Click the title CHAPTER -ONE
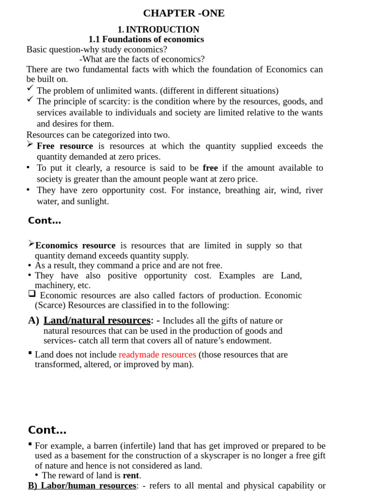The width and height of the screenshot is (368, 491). (x=184, y=13)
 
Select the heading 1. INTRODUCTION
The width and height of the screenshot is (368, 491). (x=158, y=30)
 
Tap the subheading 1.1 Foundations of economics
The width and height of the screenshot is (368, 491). (x=146, y=39)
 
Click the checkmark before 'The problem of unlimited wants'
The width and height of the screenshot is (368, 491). (x=30, y=88)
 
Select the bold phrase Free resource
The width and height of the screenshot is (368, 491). (x=65, y=146)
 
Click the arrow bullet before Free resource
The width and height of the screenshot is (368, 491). (x=30, y=144)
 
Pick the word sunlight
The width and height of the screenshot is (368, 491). (x=93, y=201)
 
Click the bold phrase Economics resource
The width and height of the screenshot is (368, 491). (x=75, y=245)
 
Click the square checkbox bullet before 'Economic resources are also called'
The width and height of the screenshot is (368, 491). (x=32, y=293)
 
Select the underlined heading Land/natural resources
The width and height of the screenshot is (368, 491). (x=97, y=320)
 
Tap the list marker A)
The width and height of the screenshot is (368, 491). (x=33, y=320)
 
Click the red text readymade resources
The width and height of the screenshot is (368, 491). (x=157, y=355)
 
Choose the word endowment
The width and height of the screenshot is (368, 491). (x=249, y=341)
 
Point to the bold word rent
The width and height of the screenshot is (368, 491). (x=130, y=476)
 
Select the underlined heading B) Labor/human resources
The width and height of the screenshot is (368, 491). (x=82, y=486)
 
